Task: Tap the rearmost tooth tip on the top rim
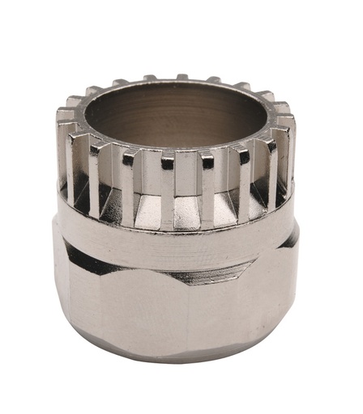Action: [x=181, y=78]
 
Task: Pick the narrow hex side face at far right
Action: [x=294, y=299]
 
